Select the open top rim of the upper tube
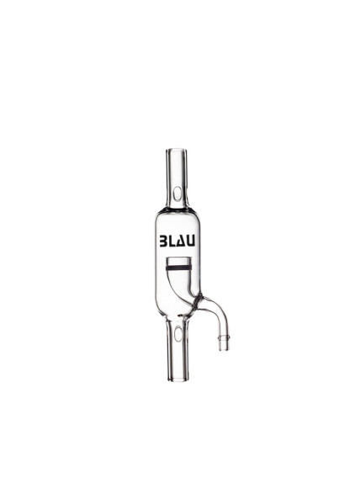[x=180, y=151]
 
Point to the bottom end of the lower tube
[x=180, y=376]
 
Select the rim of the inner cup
[x=180, y=257]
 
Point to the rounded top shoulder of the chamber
[x=180, y=210]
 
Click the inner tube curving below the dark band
[x=188, y=290]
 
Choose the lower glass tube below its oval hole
[x=180, y=358]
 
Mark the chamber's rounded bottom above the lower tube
[x=180, y=317]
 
